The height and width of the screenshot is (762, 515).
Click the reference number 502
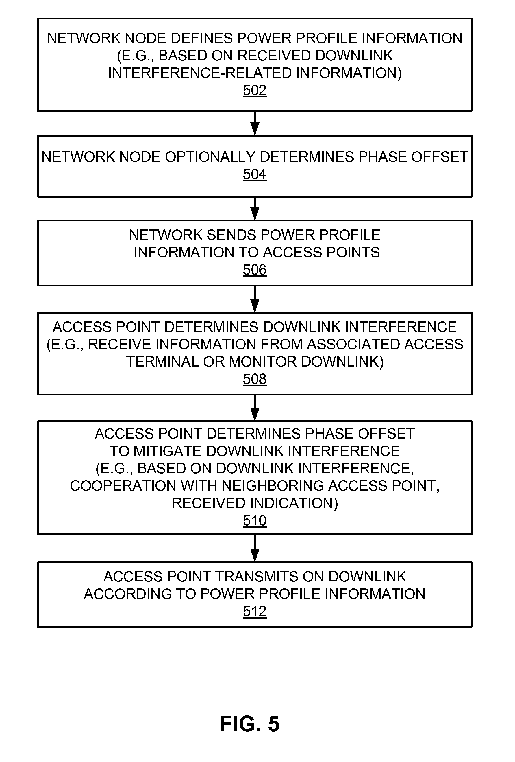pos(255,91)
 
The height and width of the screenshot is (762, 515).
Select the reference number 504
pos(255,174)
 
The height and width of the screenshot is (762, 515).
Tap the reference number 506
pos(255,270)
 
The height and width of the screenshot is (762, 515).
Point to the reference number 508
pos(255,379)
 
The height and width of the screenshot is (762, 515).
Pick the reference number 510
pos(255,520)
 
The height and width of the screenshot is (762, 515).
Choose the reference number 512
pos(255,612)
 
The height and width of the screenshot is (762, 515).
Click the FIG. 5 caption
pos(250,724)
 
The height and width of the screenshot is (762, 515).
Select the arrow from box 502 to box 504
pos(255,123)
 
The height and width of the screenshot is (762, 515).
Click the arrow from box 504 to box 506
pos(255,209)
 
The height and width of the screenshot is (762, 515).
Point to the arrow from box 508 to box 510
pos(255,408)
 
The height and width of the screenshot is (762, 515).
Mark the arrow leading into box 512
pos(255,548)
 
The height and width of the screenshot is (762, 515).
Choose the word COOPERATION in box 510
pos(123,486)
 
